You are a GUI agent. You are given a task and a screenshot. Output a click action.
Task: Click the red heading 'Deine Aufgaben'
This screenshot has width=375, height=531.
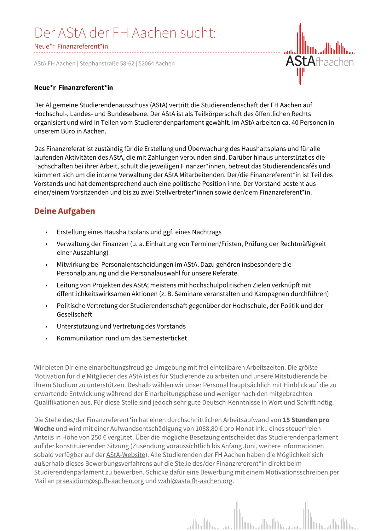65,211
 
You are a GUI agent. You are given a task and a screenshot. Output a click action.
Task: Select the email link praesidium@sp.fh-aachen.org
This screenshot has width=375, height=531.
100,481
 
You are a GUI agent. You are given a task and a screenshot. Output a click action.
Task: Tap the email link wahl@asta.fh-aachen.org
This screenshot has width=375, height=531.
195,481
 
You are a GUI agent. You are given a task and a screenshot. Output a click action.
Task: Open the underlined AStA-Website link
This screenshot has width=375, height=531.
126,455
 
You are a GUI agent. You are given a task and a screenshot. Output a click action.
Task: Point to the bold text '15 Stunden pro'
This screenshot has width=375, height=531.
306,420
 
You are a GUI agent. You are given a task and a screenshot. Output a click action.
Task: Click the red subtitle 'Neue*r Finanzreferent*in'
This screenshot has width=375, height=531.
71,46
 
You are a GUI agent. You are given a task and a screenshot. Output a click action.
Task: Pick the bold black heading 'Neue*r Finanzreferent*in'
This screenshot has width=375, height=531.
73,88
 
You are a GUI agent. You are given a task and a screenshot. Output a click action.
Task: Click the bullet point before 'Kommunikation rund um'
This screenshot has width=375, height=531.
46,339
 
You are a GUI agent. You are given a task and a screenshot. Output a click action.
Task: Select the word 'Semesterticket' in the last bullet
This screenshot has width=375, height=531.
165,338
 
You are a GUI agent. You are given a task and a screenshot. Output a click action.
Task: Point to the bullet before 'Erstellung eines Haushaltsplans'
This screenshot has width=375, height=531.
46,233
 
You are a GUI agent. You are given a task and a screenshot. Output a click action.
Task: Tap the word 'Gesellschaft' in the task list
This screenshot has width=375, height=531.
74,314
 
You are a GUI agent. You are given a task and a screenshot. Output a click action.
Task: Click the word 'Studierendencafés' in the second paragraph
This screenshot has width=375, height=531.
290,166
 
